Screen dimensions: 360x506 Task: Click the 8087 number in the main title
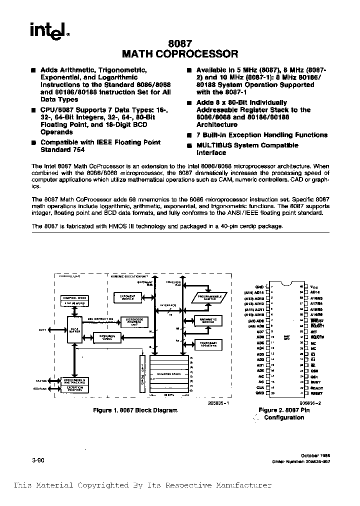click(180, 44)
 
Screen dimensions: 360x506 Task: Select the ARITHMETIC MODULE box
click(207, 321)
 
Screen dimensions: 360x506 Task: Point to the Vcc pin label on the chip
click(314, 286)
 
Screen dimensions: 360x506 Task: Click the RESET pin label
click(316, 393)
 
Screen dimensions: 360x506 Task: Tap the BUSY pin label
click(315, 382)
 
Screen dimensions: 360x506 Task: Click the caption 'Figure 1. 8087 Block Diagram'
click(135, 410)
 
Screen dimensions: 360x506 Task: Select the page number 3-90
click(38, 461)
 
